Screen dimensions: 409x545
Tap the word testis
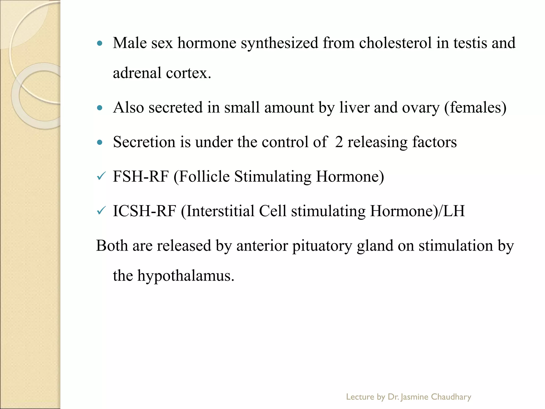coord(470,43)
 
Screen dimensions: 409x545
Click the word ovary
coord(420,108)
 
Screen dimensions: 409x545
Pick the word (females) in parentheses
coord(475,108)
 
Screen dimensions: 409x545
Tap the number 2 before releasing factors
coord(339,142)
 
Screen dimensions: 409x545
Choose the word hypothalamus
coord(185,276)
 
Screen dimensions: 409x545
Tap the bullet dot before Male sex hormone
coord(100,43)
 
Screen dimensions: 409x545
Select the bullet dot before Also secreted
coord(100,108)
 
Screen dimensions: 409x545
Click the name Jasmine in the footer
coord(414,397)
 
